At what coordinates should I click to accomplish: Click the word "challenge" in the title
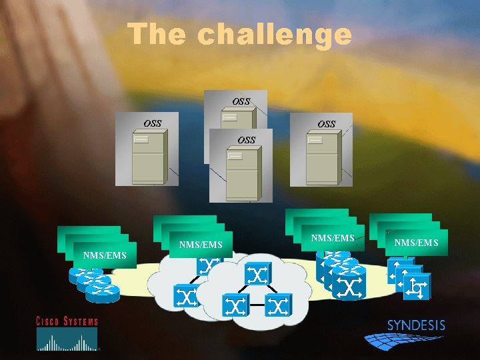tap(275, 35)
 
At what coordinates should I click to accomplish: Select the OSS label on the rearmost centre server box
tap(241, 101)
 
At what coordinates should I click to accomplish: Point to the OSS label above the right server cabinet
tap(327, 124)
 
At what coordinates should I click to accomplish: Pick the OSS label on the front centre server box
tap(247, 140)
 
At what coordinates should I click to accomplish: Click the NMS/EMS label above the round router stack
tap(105, 255)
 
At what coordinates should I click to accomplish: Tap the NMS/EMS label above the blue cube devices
tap(417, 243)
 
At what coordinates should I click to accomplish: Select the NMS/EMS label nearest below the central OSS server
tap(201, 245)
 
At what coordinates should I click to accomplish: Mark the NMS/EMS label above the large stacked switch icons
tap(333, 237)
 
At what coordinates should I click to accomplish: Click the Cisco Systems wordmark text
tap(67, 321)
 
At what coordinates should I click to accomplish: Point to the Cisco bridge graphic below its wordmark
tap(67, 341)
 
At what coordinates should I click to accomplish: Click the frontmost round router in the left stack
tap(103, 289)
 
